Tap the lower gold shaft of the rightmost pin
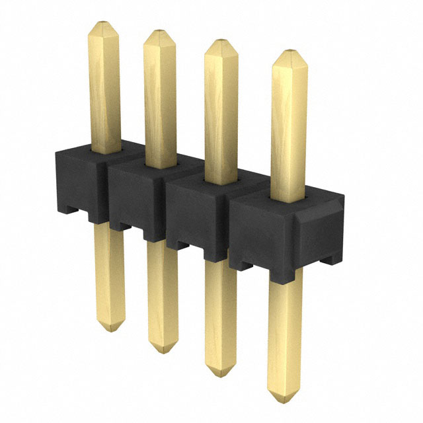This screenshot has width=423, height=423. coord(285,330)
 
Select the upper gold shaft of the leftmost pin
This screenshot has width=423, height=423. coord(104,86)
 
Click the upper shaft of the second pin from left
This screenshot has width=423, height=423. coord(161,99)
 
